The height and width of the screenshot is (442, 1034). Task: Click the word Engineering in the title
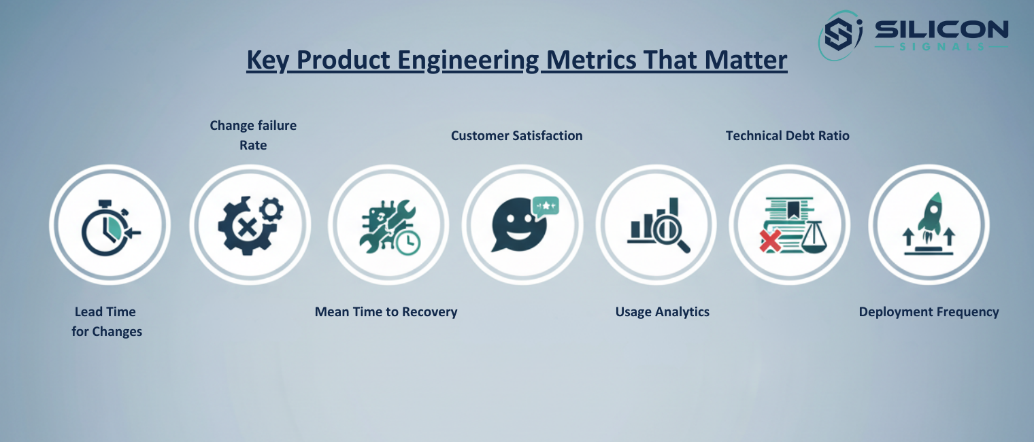tap(469, 61)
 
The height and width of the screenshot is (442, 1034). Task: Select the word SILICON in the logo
tap(941, 30)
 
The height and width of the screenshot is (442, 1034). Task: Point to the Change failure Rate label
tap(253, 135)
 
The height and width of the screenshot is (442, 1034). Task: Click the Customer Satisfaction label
tap(516, 135)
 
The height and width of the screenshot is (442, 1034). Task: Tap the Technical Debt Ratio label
tap(787, 135)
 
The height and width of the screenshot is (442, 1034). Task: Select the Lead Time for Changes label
tap(106, 322)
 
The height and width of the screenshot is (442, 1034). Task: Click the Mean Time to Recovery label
tap(386, 312)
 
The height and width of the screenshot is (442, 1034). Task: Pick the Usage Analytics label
tap(662, 312)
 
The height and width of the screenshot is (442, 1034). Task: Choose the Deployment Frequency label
tap(929, 312)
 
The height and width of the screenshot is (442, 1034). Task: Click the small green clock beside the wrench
tap(408, 243)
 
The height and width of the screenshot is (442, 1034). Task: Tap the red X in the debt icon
tap(770, 239)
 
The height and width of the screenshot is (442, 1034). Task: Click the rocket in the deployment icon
tap(930, 212)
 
